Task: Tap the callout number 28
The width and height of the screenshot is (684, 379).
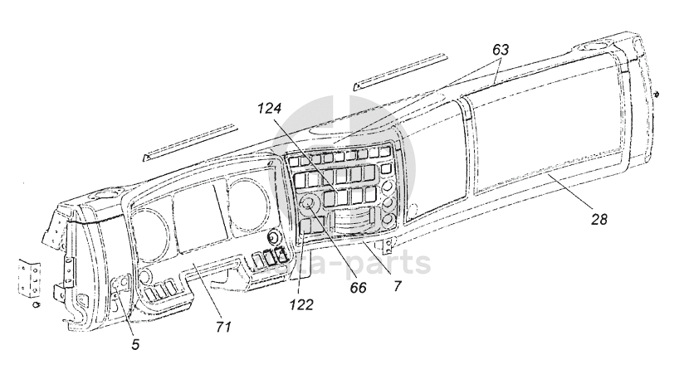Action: coord(599,220)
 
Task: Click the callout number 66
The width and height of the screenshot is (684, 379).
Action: coord(357,288)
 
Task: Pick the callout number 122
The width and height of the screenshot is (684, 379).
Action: coord(302,304)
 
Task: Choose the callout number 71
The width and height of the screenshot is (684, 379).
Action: coord(222,326)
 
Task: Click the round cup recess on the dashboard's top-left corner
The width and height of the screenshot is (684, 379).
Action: coord(102,197)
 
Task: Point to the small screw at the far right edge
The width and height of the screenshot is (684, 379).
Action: coord(657,95)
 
